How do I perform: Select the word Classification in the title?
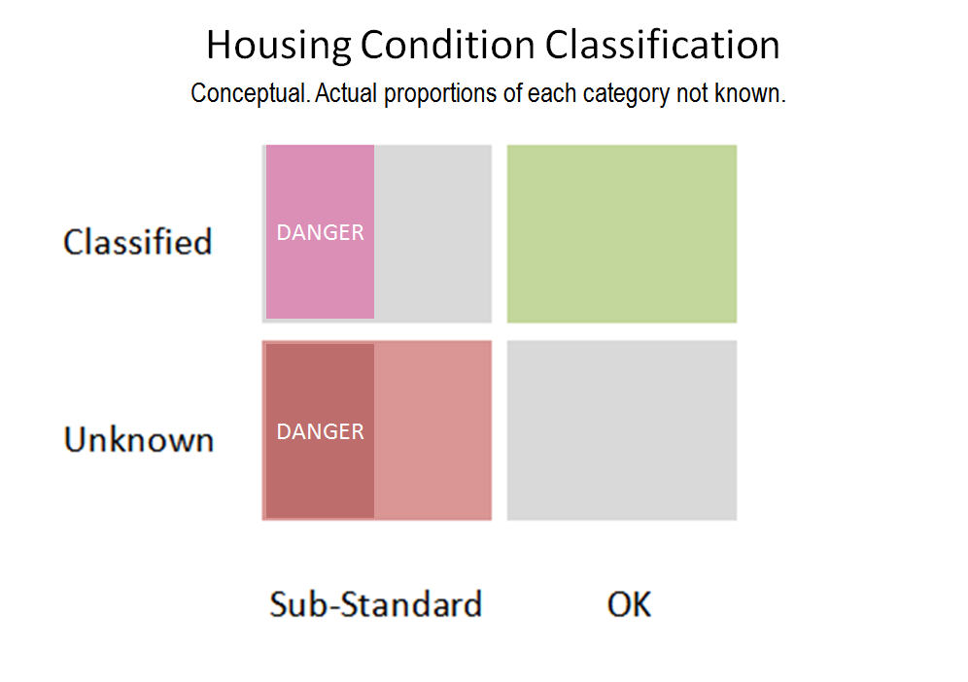(663, 45)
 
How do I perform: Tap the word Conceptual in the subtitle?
(250, 94)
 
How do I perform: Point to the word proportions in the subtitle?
(440, 94)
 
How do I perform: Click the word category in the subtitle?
(626, 94)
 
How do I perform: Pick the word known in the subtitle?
(749, 93)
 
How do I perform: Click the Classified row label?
(138, 241)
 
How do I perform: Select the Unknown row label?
(139, 439)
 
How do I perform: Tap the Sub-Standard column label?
(375, 604)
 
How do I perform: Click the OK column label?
(629, 604)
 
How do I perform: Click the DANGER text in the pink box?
(321, 233)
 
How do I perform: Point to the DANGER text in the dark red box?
(321, 431)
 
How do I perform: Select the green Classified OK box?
(622, 234)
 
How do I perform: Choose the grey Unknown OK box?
(622, 430)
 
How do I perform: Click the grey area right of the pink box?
(432, 234)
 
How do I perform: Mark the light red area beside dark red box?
(432, 430)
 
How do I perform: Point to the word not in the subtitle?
(692, 93)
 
